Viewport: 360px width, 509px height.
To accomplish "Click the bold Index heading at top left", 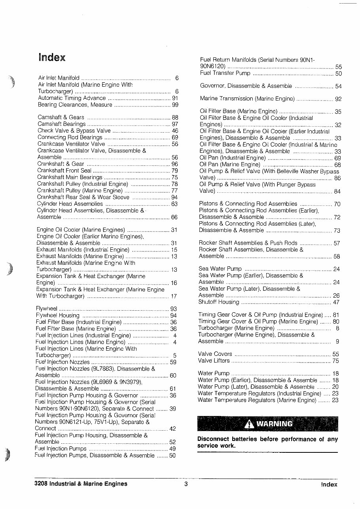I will tap(52, 57).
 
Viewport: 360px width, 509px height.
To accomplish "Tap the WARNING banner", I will tap(267, 424).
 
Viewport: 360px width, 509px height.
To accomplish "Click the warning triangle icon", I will tap(249, 424).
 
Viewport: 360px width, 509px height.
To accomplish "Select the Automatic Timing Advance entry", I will tap(72, 98).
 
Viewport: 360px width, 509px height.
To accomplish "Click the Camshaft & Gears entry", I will tap(61, 118).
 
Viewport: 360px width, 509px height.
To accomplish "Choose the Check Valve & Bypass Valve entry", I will tap(74, 131).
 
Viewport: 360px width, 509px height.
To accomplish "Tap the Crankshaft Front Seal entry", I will tap(64, 171).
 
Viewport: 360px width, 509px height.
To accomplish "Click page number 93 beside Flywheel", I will tap(173, 309).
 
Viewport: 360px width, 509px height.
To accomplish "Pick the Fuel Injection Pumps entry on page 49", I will tap(61, 449).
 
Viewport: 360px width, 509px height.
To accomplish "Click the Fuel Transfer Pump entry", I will tap(225, 73).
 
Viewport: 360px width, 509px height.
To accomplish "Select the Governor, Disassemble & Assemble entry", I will tap(246, 86).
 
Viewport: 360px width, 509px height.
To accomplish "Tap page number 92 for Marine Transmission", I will tap(338, 99).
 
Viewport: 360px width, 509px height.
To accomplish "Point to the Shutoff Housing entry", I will tap(219, 302).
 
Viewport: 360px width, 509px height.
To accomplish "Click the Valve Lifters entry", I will tap(214, 361).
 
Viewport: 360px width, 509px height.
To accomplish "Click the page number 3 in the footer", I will tap(186, 484).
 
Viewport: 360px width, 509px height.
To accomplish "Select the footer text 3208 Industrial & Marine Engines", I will tap(81, 484).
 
